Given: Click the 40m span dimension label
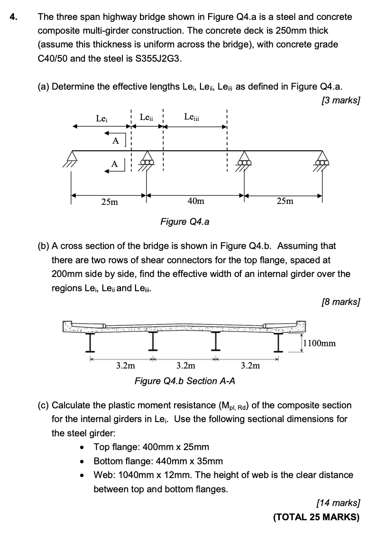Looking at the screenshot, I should click(196, 201).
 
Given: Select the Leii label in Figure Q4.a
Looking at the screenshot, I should click(147, 117).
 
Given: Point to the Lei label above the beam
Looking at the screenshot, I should click(101, 118).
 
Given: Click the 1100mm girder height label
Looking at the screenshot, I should click(319, 343).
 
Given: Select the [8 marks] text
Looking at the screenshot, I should click(340, 301).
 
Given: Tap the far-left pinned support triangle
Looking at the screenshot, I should click(72, 156).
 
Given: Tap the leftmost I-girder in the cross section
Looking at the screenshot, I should click(89, 341).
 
